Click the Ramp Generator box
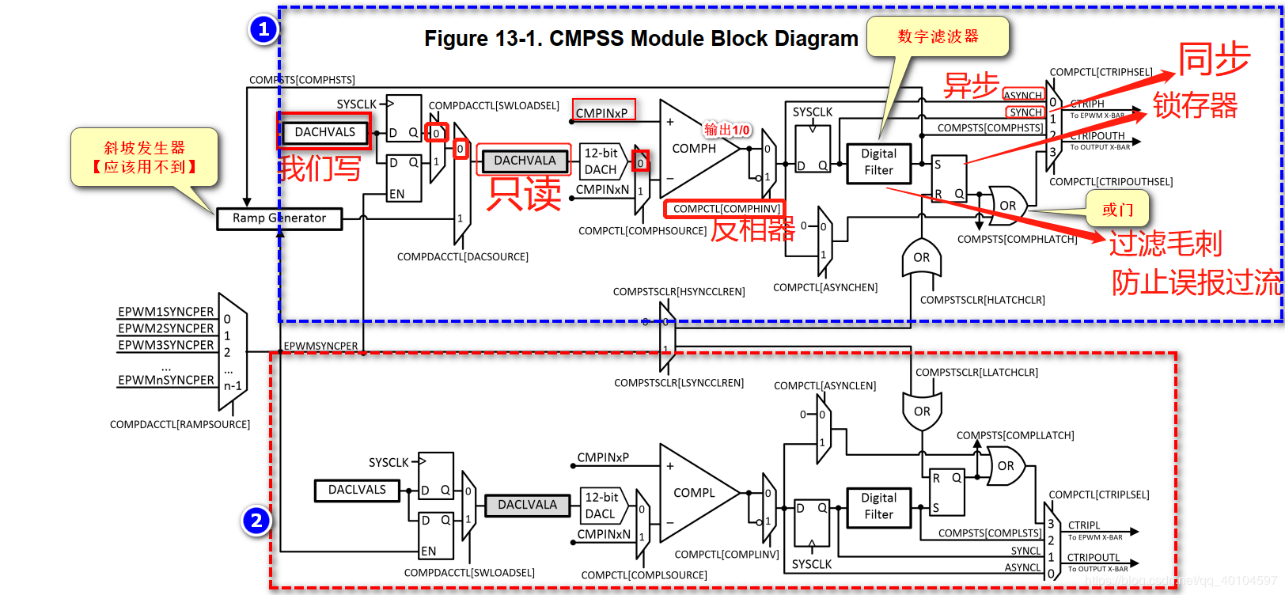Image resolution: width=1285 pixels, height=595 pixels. tap(279, 218)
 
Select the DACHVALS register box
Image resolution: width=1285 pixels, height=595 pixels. tap(324, 132)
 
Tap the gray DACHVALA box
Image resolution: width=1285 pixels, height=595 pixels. tap(525, 161)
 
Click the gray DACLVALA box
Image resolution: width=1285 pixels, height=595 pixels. tap(527, 505)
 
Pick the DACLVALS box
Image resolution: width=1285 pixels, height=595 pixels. tap(357, 491)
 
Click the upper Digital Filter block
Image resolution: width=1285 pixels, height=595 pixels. tap(878, 162)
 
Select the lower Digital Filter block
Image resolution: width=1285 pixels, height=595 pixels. tap(878, 506)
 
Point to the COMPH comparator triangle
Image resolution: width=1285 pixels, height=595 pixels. tap(692, 149)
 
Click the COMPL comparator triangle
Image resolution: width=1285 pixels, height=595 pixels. tap(692, 493)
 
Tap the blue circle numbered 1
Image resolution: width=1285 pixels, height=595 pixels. tap(263, 29)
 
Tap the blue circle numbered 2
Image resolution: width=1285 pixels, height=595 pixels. tap(256, 521)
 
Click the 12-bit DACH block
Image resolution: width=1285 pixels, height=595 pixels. tap(601, 161)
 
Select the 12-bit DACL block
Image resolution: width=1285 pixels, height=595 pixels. tap(601, 506)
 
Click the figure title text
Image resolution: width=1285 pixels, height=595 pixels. tap(641, 39)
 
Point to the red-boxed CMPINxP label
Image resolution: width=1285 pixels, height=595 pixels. tap(603, 113)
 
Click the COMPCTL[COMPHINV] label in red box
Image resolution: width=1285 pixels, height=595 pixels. tap(726, 209)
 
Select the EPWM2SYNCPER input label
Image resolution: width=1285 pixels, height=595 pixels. tap(166, 328)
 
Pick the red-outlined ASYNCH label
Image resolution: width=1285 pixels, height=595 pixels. tap(1023, 95)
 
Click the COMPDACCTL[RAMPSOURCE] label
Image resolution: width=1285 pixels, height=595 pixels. tap(180, 425)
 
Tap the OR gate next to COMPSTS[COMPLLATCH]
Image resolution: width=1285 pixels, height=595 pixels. tap(1006, 466)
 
